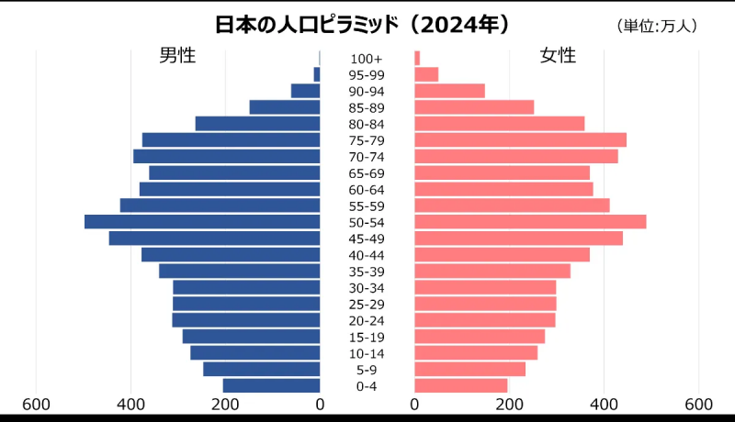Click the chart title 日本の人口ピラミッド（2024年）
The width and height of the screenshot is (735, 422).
click(x=363, y=24)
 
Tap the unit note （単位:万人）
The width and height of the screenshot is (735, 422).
click(x=657, y=27)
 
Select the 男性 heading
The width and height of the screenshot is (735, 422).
click(x=177, y=55)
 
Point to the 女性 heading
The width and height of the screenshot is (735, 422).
click(x=558, y=55)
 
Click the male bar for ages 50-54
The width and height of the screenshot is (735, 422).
click(x=202, y=221)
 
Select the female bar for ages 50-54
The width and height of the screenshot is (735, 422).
click(x=530, y=221)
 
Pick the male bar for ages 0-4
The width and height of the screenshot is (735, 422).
click(x=271, y=385)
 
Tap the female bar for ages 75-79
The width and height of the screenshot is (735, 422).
click(x=520, y=139)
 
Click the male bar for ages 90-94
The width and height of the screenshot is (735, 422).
click(x=305, y=91)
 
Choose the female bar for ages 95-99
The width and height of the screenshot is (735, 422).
click(x=426, y=74)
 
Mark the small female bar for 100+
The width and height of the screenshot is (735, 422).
click(x=417, y=58)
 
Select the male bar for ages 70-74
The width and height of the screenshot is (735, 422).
click(x=226, y=156)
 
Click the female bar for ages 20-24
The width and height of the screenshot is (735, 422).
click(x=484, y=320)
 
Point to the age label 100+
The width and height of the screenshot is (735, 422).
click(x=367, y=59)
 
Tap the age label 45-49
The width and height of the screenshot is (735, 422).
click(x=367, y=239)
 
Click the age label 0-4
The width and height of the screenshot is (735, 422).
click(x=367, y=386)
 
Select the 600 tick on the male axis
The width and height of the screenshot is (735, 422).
click(x=36, y=405)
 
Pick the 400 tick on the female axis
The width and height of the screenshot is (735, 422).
click(x=604, y=405)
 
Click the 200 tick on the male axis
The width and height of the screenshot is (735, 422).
click(x=225, y=405)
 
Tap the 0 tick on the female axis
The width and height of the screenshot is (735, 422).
click(x=415, y=405)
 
